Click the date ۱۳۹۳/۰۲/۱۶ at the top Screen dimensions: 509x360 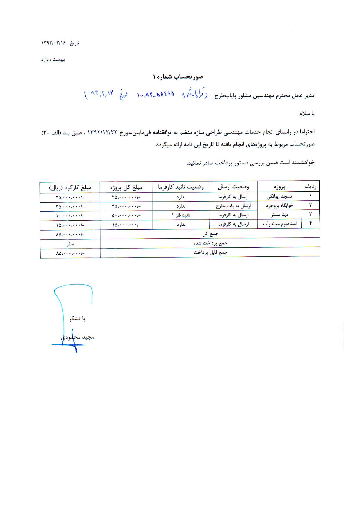pos(54,43)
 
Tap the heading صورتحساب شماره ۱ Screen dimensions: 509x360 pos(178,77)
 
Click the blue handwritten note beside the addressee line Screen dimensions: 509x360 pos(145,94)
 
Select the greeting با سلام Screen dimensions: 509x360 pos(307,114)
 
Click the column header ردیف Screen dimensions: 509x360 pos(310,186)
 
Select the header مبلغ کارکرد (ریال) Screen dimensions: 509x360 pos(70,188)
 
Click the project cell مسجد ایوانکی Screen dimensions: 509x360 pos(279,197)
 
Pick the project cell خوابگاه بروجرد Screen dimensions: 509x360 pos(279,206)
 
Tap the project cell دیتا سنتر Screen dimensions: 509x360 pos(280,215)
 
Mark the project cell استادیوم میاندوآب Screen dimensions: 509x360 pos(280,224)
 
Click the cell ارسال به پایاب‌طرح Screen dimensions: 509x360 pos(233,206)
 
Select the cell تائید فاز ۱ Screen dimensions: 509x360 pos(181,215)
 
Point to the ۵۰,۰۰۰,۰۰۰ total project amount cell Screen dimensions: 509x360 pos(126,215)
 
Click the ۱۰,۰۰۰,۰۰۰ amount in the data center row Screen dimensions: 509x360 pos(70,216)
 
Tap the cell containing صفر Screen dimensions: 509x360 pos(70,244)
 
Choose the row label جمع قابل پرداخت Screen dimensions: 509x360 pos(210,253)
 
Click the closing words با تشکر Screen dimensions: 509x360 pos(77,319)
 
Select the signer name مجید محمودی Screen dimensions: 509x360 pos(78,337)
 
